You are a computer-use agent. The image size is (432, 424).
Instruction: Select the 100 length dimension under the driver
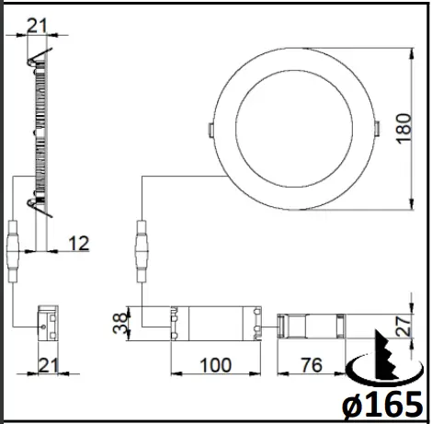(215, 364)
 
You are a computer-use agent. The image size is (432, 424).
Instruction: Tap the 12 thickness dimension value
(80, 243)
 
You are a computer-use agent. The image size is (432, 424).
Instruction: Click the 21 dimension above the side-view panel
(38, 25)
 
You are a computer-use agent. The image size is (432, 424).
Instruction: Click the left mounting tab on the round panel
(210, 127)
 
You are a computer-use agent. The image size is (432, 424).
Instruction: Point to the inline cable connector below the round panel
(142, 250)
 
